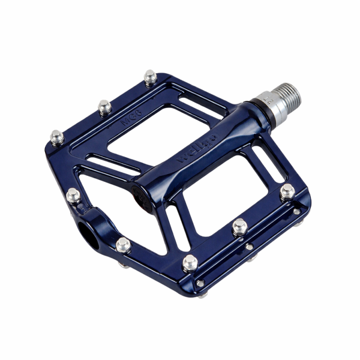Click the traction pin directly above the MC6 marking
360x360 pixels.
104,106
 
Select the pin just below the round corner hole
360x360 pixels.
123,244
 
